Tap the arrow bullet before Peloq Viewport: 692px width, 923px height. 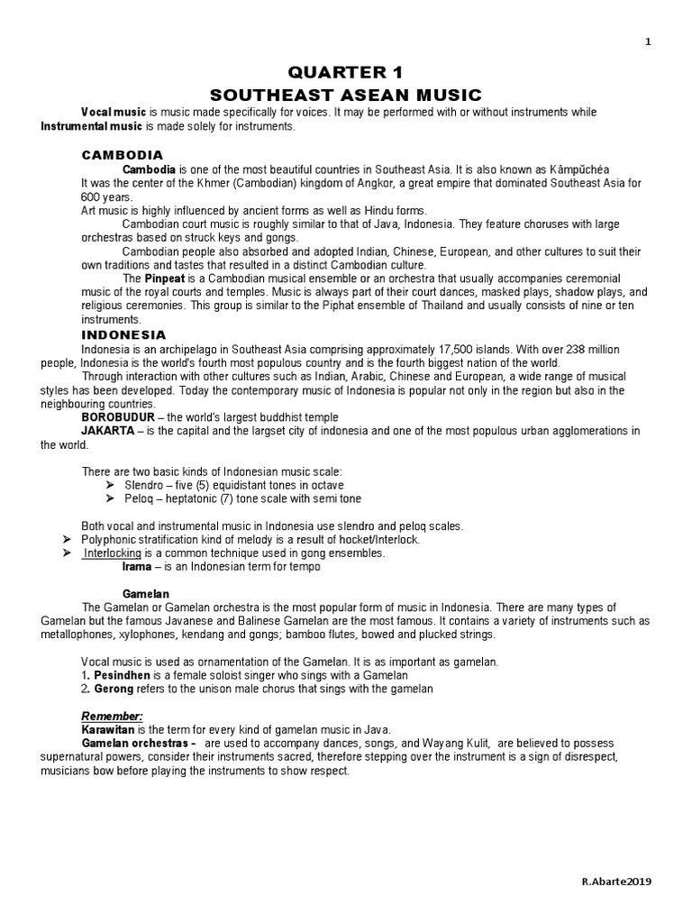pyautogui.click(x=113, y=498)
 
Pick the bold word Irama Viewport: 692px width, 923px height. pyautogui.click(x=137, y=567)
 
